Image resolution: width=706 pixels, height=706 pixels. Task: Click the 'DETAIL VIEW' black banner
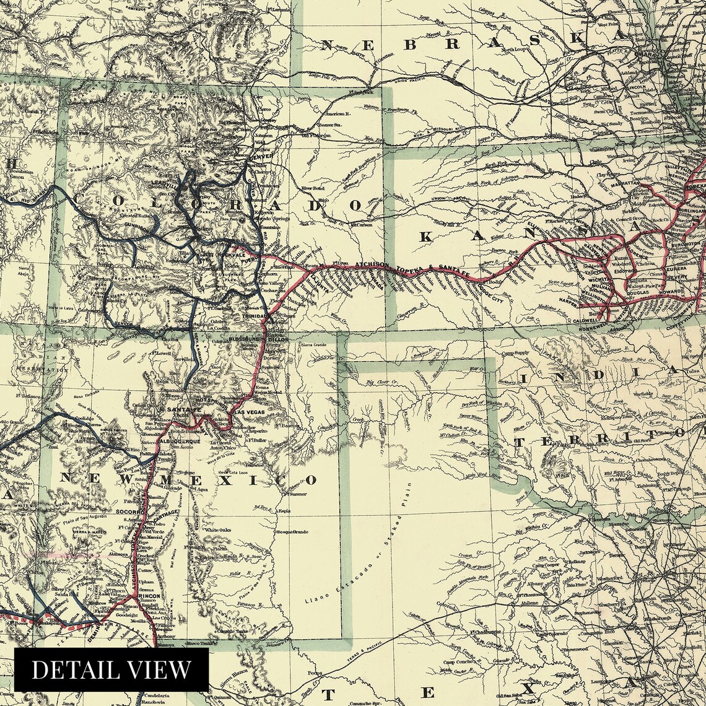click(111, 669)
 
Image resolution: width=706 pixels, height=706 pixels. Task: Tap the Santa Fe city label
click(180, 409)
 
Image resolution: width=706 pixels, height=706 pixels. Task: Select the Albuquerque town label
click(180, 440)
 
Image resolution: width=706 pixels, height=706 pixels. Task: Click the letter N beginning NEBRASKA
click(328, 45)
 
